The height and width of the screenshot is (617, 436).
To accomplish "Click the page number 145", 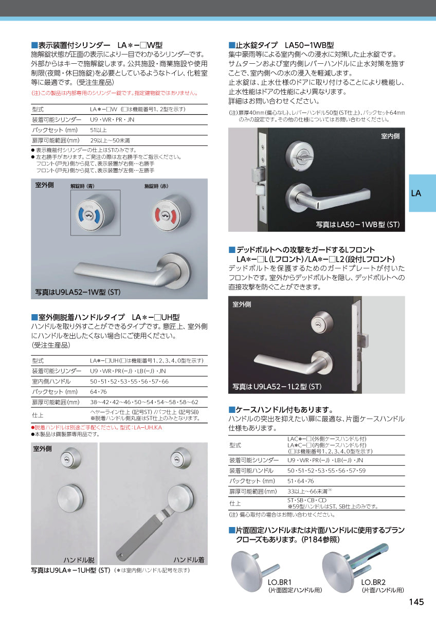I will [416, 602].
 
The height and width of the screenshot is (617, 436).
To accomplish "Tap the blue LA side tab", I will [416, 193].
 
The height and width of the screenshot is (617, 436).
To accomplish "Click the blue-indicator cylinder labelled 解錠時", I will [95, 212].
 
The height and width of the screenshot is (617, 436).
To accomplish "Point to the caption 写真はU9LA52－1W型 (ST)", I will [78, 292].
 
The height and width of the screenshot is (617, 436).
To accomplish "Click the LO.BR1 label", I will [280, 582].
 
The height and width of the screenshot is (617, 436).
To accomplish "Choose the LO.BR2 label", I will [374, 582].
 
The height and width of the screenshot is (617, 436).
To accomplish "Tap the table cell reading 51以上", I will [98, 130].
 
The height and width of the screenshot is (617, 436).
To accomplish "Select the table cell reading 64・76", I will [98, 392].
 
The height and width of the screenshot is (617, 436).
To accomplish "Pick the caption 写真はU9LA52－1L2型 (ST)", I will [277, 386].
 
